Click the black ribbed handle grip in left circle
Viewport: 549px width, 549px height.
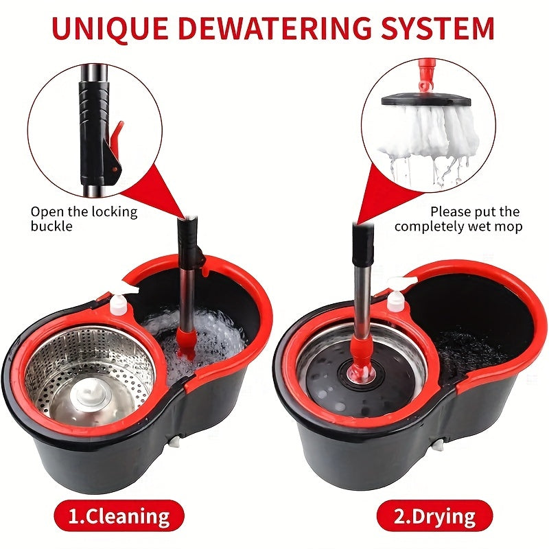[x=93, y=103]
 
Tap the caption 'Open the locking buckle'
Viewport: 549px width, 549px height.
[x=84, y=219]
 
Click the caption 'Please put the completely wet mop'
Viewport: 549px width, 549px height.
[x=458, y=219]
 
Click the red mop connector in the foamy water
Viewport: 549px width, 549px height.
[x=185, y=342]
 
